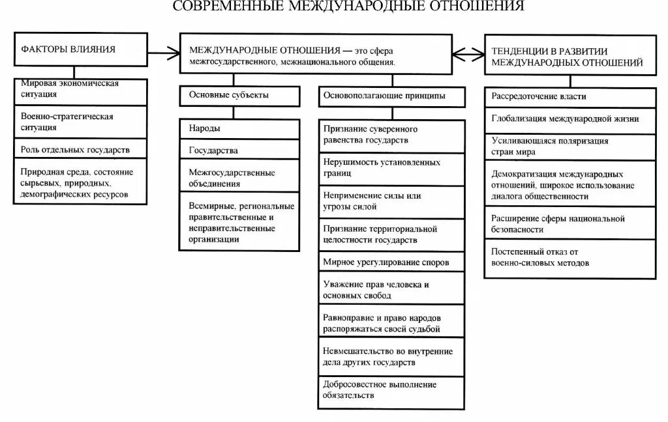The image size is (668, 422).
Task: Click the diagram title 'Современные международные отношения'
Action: tap(348, 7)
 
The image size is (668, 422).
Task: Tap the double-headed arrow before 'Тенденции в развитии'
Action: tap(467, 53)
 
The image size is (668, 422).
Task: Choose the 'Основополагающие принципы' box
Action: tap(392, 96)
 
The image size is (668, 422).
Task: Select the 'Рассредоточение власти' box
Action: tap(569, 96)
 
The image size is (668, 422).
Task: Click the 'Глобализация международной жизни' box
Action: tap(569, 119)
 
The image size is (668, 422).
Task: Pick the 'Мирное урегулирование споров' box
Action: tap(392, 262)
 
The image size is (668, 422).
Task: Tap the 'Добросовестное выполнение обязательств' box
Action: tap(392, 389)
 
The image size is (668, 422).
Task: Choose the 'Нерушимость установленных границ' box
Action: tap(392, 168)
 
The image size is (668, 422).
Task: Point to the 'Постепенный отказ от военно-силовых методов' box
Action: tap(569, 258)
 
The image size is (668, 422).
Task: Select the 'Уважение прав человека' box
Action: tap(392, 290)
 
